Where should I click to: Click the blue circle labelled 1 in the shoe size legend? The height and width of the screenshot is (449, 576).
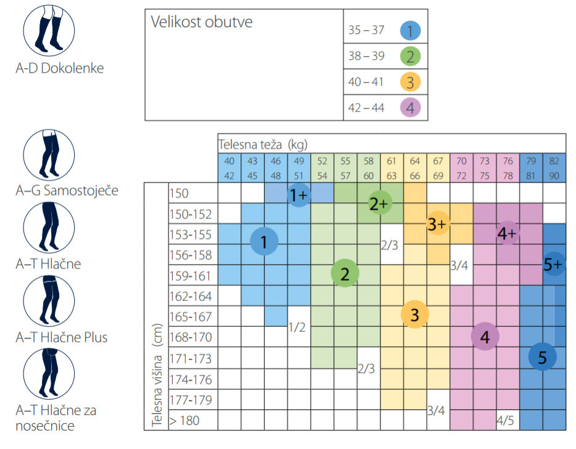click(409, 30)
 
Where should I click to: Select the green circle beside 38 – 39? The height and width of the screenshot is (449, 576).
click(409, 56)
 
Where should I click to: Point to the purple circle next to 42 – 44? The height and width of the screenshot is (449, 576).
click(409, 108)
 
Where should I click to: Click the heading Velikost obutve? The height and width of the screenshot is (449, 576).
click(202, 23)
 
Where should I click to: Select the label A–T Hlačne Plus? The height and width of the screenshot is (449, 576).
click(62, 337)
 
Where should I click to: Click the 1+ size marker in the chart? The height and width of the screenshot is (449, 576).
click(298, 196)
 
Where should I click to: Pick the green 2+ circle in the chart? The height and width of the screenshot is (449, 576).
click(377, 203)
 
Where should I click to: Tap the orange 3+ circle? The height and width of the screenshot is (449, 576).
click(437, 224)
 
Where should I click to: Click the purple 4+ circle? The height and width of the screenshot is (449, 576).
click(507, 233)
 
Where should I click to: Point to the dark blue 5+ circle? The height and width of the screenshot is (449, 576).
click(554, 264)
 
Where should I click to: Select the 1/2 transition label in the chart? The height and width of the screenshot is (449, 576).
click(297, 327)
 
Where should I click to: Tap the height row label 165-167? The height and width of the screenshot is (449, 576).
click(190, 317)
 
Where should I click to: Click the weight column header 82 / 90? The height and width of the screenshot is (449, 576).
click(554, 168)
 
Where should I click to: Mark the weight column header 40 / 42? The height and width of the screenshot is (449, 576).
click(229, 168)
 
